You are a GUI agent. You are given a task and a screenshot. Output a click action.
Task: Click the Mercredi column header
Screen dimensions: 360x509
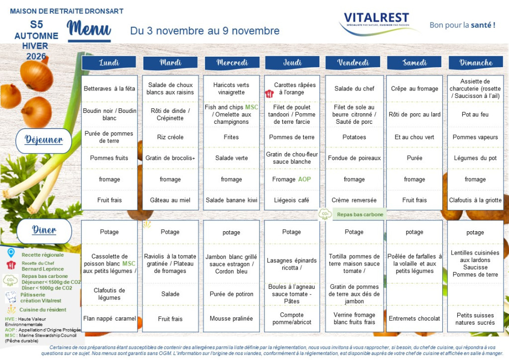(232, 63)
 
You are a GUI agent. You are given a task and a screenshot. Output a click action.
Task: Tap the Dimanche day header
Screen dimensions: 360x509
(476, 63)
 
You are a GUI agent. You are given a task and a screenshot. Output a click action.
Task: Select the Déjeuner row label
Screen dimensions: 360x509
(44, 140)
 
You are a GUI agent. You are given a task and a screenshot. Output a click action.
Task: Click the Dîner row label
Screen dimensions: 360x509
(44, 231)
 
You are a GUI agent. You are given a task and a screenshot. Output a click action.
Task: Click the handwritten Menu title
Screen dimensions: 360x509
(89, 30)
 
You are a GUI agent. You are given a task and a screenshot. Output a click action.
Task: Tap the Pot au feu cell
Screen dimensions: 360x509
(475, 114)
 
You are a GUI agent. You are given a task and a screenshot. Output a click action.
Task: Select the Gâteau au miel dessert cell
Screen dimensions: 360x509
(170, 200)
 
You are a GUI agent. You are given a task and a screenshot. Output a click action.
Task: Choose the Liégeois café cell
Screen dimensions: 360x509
(292, 200)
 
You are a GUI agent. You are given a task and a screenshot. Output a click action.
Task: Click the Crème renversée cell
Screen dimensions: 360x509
(354, 200)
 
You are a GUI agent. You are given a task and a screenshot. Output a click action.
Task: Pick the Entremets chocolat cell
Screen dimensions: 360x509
(415, 318)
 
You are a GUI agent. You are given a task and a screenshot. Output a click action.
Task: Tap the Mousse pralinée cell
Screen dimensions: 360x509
(231, 318)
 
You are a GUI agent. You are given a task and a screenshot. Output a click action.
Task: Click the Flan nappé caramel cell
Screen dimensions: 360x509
(109, 318)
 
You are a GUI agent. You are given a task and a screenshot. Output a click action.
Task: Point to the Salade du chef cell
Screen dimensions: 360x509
(354, 89)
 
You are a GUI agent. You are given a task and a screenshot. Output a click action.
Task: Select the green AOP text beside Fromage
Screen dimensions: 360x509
(304, 179)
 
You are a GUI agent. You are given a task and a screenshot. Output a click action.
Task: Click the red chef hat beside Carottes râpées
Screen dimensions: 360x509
(269, 93)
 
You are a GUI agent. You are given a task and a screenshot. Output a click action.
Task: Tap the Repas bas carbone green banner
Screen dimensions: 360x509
(353, 214)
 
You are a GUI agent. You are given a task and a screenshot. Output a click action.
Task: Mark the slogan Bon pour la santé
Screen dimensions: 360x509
(462, 25)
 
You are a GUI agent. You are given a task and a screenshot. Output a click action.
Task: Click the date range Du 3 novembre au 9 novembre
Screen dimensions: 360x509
(205, 31)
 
